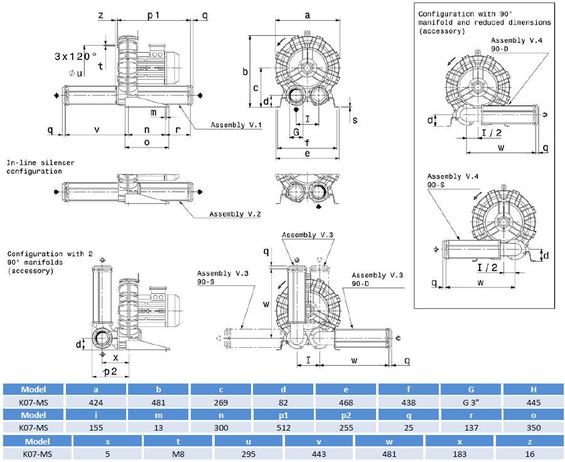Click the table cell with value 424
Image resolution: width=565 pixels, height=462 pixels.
[97, 402]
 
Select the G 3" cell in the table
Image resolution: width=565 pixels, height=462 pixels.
[471, 402]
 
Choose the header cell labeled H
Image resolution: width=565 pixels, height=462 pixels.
[534, 389]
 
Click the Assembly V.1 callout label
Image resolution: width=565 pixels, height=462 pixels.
[236, 125]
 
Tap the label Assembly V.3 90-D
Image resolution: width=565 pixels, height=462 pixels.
[377, 279]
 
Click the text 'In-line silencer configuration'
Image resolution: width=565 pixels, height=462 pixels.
[40, 167]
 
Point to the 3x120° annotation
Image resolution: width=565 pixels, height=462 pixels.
[75, 56]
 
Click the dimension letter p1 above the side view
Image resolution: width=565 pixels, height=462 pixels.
[154, 14]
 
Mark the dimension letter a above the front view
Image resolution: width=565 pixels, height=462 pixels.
[307, 14]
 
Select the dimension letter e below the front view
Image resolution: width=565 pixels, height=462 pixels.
[307, 153]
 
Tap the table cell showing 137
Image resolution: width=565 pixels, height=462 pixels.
[471, 427]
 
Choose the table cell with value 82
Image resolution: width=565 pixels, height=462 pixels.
[284, 402]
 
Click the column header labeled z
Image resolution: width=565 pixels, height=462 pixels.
[530, 441]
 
